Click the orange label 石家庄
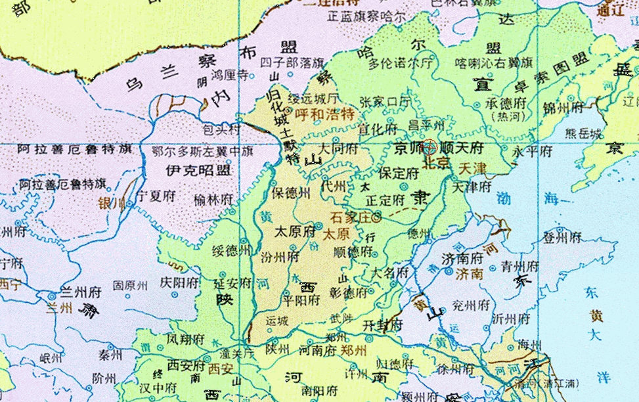pos(349,216)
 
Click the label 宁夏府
pos(158,196)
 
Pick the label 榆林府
pos(213,198)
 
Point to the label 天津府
pos(472,187)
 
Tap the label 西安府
pos(187,364)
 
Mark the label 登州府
pos(562,237)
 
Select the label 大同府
pos(339,148)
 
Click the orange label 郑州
pos(353,349)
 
